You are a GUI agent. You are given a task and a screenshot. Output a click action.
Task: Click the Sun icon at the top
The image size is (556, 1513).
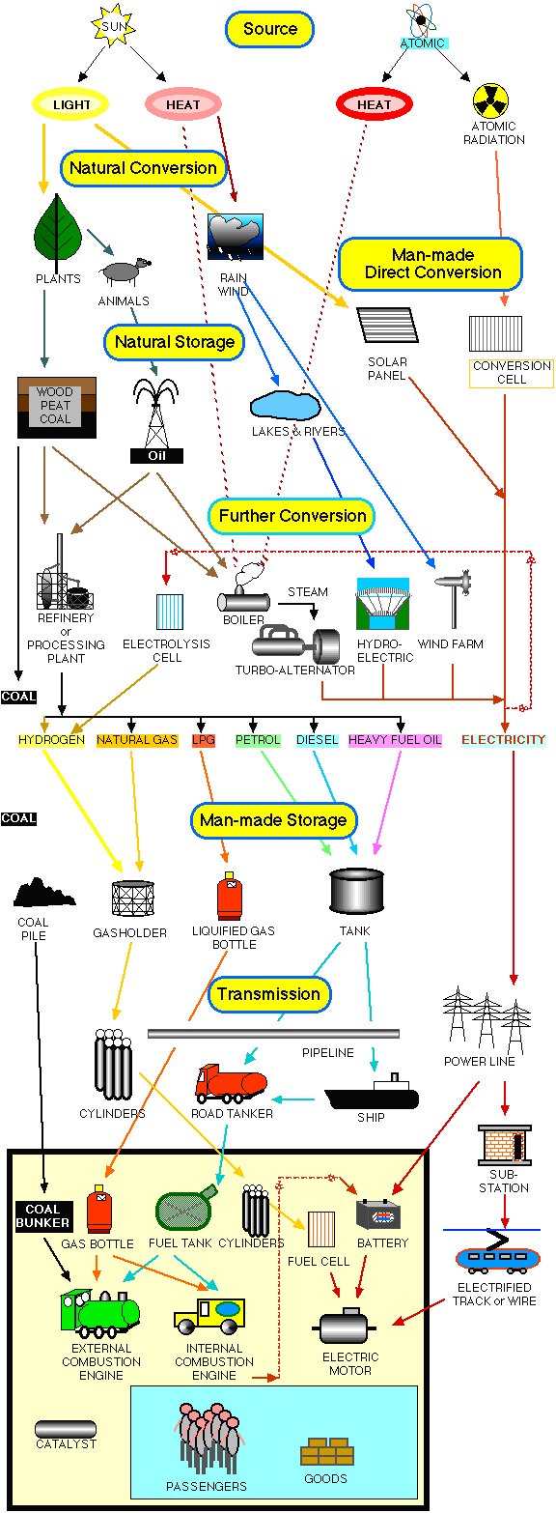[x=113, y=26]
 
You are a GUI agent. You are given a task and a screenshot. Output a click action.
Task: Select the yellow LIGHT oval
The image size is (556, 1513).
[x=70, y=104]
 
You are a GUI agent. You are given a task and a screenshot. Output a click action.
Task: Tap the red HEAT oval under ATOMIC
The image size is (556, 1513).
[x=374, y=104]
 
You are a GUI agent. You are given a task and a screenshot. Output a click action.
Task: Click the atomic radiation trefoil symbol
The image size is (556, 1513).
[x=490, y=100]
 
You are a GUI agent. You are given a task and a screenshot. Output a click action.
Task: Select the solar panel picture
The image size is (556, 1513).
[x=387, y=325]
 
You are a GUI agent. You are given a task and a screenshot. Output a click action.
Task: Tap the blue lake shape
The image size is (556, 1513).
[x=285, y=405]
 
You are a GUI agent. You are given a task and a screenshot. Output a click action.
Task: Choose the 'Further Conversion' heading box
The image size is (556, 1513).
[x=292, y=516]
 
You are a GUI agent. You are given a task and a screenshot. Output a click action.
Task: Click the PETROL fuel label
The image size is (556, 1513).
[x=258, y=740]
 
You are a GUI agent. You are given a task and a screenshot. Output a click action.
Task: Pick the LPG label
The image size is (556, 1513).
[x=203, y=740]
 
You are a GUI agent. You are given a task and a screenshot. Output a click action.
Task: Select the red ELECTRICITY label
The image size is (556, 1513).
[x=503, y=740]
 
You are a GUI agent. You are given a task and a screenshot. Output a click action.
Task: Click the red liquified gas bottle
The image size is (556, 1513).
[x=230, y=897]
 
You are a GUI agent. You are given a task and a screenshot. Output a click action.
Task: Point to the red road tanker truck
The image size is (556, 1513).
[x=231, y=1084]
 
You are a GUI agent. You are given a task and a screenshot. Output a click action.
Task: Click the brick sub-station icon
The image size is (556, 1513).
[x=504, y=1145]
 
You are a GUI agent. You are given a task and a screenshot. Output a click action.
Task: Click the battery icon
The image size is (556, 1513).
[x=378, y=1214]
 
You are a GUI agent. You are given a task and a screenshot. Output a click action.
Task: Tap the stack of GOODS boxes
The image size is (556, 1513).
[x=327, y=1451]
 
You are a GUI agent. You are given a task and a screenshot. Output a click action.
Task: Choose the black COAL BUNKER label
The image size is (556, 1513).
[x=42, y=1215]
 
